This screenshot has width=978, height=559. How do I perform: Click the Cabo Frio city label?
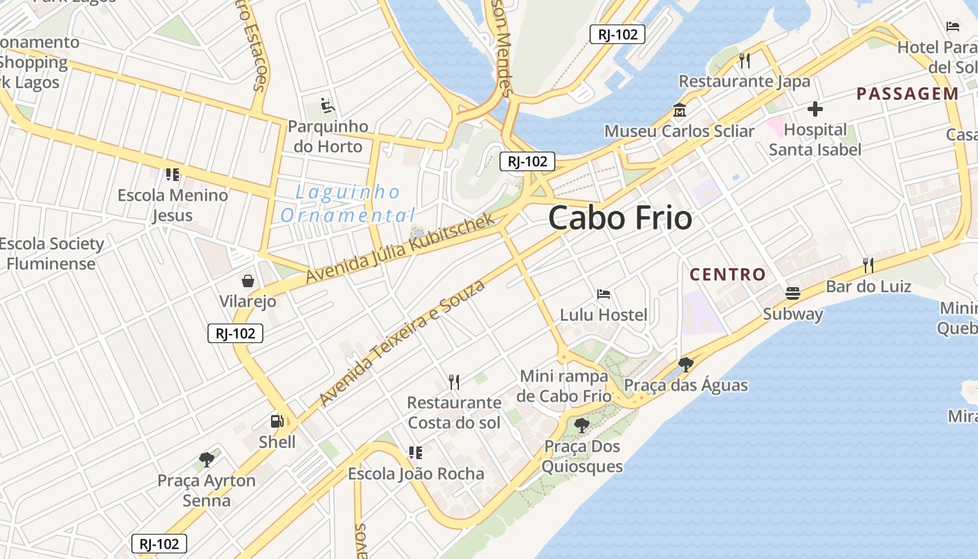pyautogui.click(x=620, y=218)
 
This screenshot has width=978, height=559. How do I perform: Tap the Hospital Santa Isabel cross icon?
pyautogui.click(x=815, y=109)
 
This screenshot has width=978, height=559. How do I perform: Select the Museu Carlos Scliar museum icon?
pyautogui.click(x=679, y=110)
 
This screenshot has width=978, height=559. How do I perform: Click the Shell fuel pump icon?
pyautogui.click(x=277, y=421)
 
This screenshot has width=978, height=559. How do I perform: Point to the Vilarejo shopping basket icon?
pyautogui.click(x=247, y=281)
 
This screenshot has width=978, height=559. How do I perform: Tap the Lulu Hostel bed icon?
pyautogui.click(x=604, y=293)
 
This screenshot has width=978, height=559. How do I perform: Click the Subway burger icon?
pyautogui.click(x=792, y=293)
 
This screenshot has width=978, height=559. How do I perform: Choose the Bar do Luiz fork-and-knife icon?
pyautogui.click(x=868, y=265)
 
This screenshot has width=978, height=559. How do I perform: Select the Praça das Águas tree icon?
pyautogui.click(x=685, y=364)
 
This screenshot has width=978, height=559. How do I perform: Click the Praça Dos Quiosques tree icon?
pyautogui.click(x=581, y=425)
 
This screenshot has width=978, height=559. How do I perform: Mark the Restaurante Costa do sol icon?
pyautogui.click(x=454, y=382)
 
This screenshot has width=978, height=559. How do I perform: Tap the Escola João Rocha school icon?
pyautogui.click(x=416, y=453)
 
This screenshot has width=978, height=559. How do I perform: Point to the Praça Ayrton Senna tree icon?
pyautogui.click(x=206, y=459)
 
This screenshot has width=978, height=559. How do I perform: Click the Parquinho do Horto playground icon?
pyautogui.click(x=327, y=106)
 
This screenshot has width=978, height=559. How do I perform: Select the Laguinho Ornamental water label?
pyautogui.click(x=348, y=203)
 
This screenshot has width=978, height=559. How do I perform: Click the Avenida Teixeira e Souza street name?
pyautogui.click(x=402, y=342)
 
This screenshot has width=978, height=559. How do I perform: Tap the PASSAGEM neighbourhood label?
pyautogui.click(x=907, y=94)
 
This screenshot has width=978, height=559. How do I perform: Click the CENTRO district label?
pyautogui.click(x=728, y=275)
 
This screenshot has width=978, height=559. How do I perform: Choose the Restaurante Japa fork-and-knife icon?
pyautogui.click(x=744, y=60)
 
